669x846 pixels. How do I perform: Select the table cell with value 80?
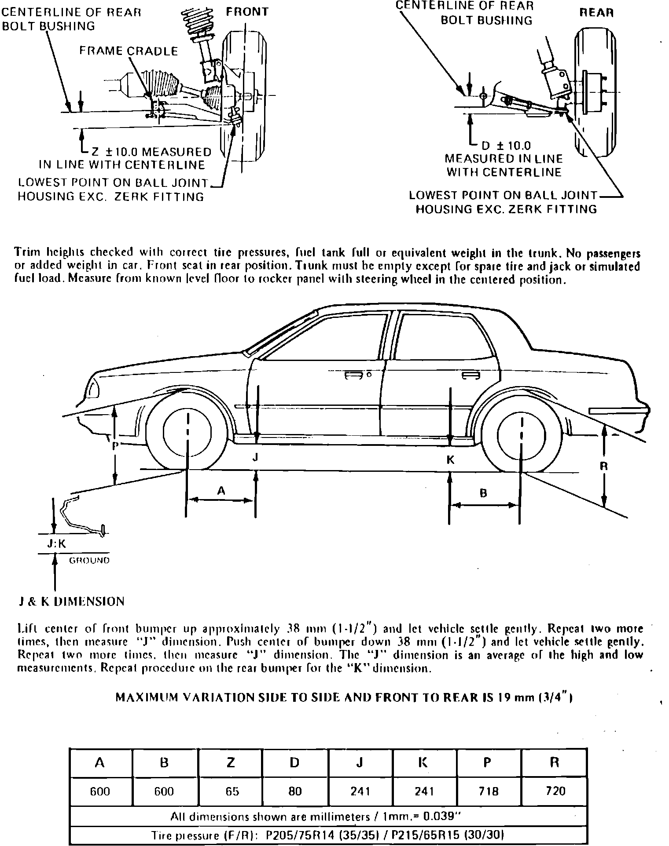(295, 791)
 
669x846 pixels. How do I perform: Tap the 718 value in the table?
(488, 791)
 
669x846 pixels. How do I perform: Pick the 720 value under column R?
(555, 791)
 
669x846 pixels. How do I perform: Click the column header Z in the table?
(231, 762)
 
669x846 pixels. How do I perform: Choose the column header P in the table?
(487, 762)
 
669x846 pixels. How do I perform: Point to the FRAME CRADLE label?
(129, 51)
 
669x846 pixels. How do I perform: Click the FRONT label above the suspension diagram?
(247, 12)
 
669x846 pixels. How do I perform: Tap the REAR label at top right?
(596, 12)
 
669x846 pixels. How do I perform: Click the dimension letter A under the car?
(221, 490)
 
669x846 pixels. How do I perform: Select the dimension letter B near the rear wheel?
(483, 493)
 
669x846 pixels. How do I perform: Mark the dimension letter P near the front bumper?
(115, 445)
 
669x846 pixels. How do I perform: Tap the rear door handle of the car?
(471, 376)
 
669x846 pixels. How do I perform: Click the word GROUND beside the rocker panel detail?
(89, 560)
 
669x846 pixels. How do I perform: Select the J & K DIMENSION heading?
(71, 601)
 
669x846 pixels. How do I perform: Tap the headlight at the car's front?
(93, 389)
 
